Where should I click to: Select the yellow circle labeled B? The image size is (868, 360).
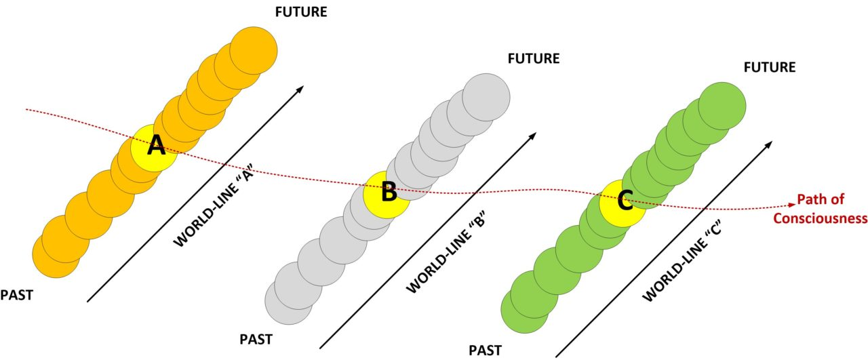pyautogui.click(x=387, y=193)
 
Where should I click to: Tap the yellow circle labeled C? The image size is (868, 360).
pyautogui.click(x=624, y=202)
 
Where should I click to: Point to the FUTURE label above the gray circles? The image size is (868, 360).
pyautogui.click(x=534, y=58)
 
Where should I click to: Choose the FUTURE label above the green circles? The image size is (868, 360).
pyautogui.click(x=770, y=67)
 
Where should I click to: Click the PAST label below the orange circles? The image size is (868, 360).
pyautogui.click(x=17, y=295)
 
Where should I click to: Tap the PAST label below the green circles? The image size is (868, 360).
pyautogui.click(x=486, y=350)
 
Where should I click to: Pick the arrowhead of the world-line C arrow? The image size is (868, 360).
pyautogui.click(x=769, y=144)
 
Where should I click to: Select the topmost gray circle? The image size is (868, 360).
pyautogui.click(x=486, y=96)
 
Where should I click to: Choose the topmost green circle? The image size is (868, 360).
pyautogui.click(x=722, y=106)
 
